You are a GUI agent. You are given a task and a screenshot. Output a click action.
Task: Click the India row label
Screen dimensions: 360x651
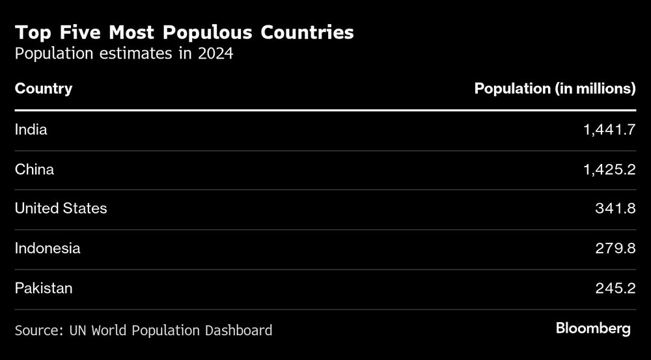[x=31, y=130]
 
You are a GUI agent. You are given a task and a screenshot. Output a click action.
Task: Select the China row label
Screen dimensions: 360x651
[x=35, y=170]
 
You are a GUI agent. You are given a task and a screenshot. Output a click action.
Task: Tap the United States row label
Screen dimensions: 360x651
[x=61, y=209]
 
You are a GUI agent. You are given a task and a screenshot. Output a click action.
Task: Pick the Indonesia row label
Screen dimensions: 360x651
[x=48, y=248]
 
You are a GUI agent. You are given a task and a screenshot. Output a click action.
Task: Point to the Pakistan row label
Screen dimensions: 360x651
[x=44, y=288]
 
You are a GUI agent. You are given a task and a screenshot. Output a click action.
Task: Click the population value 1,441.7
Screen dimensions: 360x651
[x=609, y=130]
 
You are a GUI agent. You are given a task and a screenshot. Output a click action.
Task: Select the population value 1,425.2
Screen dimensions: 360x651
[x=609, y=170]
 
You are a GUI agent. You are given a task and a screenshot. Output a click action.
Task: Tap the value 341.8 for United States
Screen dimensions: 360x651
[x=615, y=209]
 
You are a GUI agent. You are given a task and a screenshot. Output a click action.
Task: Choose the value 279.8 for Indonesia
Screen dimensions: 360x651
[x=615, y=248]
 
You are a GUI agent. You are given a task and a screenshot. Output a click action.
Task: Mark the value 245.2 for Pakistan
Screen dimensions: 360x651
[x=615, y=288]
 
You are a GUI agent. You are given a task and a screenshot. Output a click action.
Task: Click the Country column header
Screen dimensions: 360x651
[x=44, y=89]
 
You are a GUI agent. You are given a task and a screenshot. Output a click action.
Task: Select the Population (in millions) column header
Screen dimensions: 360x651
[x=555, y=89]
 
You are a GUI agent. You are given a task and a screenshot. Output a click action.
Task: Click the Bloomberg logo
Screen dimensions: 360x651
[x=593, y=329]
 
